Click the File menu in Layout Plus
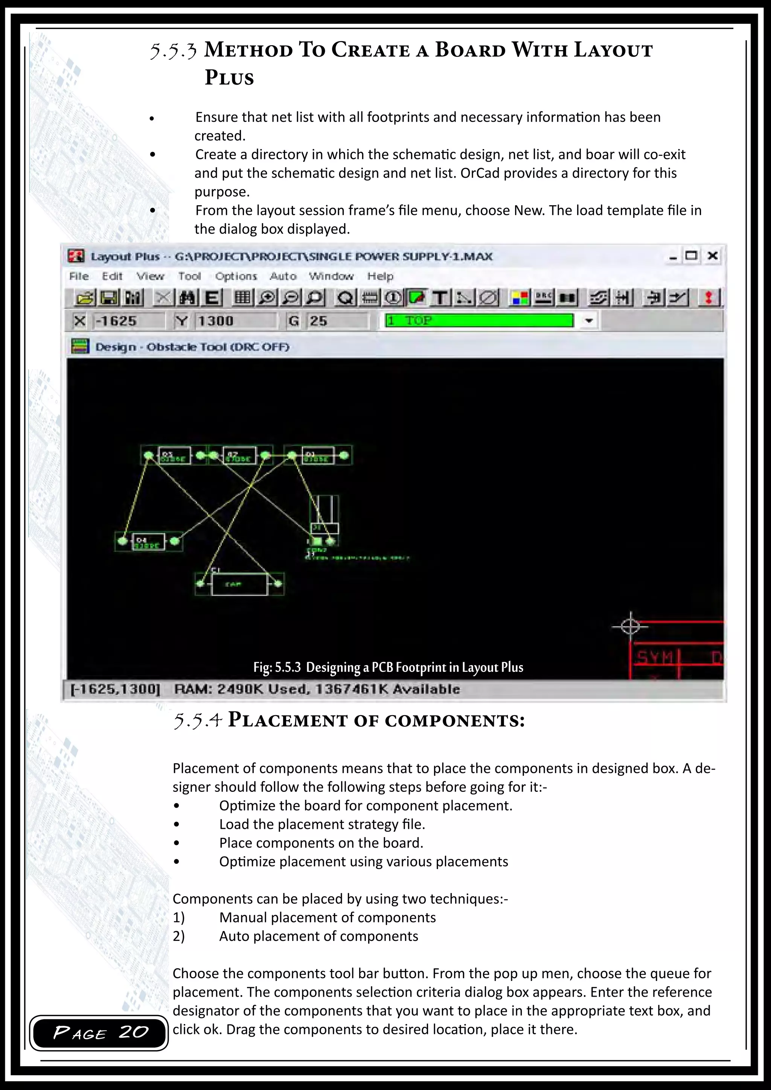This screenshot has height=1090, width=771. [79, 276]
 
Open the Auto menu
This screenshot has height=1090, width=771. [283, 276]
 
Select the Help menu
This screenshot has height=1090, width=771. [380, 276]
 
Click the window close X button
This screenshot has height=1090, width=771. [712, 256]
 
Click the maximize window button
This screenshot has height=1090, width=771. [691, 256]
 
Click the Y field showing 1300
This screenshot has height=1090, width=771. [235, 321]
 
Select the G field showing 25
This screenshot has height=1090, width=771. [336, 321]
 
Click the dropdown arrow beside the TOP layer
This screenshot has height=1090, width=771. [589, 321]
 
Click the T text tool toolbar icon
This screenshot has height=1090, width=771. [440, 298]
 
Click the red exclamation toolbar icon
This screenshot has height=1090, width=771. [709, 298]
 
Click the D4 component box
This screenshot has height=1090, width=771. [149, 542]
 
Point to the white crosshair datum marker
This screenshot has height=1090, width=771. [631, 627]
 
